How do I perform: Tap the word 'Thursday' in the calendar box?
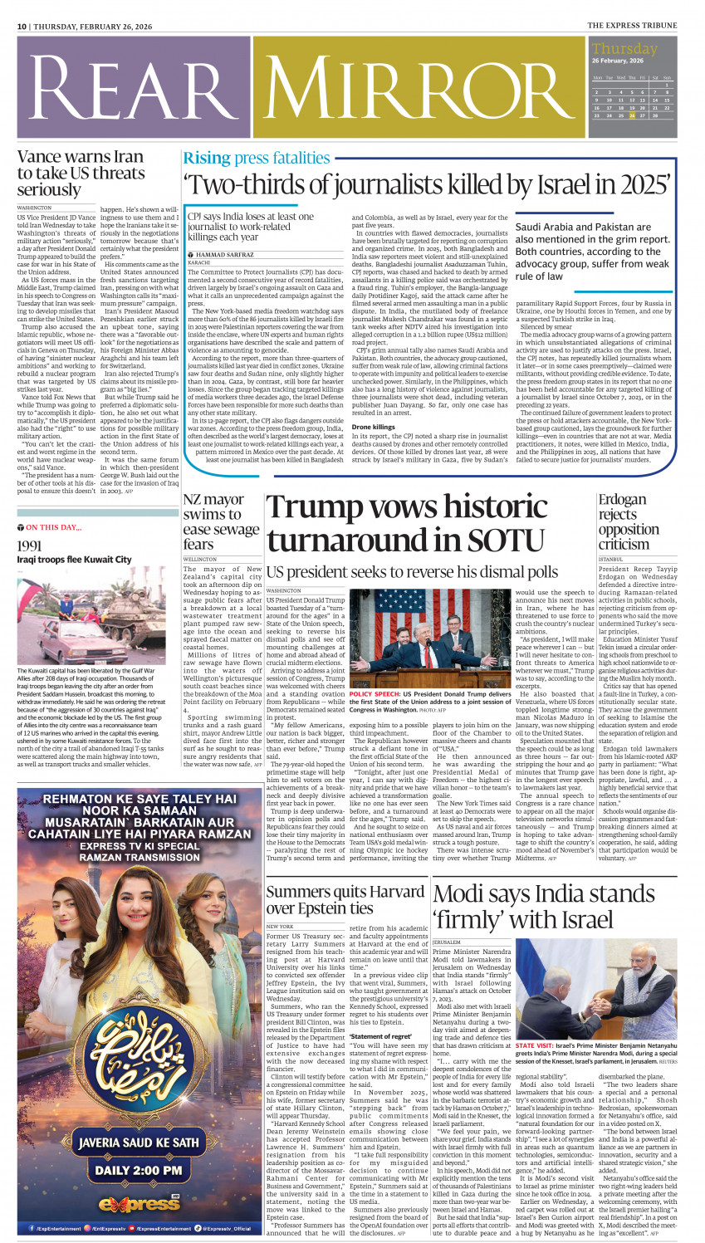pos(624,49)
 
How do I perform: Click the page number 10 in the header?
pos(22,27)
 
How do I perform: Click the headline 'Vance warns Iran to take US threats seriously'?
pos(81,173)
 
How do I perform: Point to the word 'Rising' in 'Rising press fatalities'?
pos(207,158)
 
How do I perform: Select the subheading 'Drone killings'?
pos(373,427)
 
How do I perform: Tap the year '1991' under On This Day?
pos(29,546)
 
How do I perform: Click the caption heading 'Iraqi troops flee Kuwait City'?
pos(74,560)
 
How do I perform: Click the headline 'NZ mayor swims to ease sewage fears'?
pos(220,521)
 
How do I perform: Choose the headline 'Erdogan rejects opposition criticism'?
pos(628,521)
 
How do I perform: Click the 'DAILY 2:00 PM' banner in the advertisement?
pos(139,1171)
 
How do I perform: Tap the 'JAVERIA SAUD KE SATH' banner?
pos(139,1143)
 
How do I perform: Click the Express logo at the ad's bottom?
pos(139,1203)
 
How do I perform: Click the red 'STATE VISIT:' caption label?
pos(535,1045)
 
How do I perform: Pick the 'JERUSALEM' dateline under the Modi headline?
pos(446,942)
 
